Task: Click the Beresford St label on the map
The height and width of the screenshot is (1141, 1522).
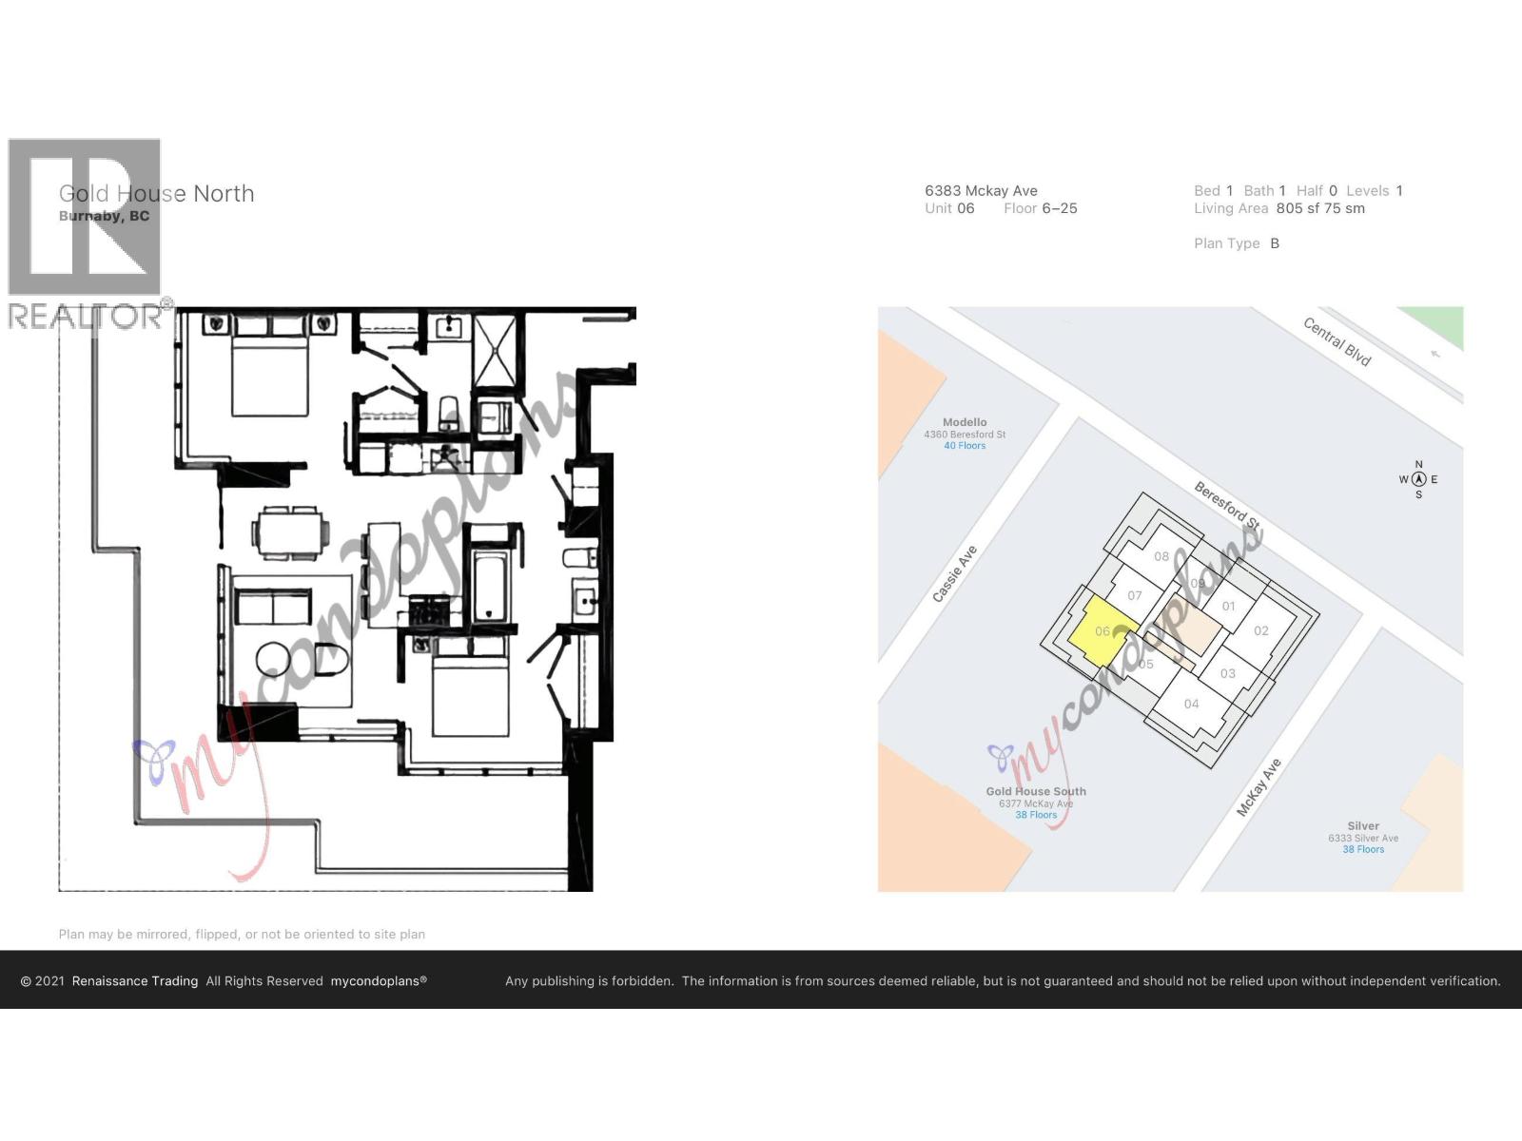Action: (x=1227, y=506)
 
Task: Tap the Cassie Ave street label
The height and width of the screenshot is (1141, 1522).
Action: (x=954, y=573)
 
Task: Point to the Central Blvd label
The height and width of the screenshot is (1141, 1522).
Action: (x=1337, y=341)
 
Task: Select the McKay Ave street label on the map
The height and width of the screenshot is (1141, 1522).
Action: (x=1259, y=787)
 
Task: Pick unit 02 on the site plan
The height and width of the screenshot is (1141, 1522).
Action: (x=1261, y=630)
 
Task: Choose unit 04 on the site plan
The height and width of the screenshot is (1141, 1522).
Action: (x=1192, y=704)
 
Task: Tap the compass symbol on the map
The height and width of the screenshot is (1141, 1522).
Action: (x=1418, y=479)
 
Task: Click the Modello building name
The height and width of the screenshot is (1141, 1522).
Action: (x=965, y=422)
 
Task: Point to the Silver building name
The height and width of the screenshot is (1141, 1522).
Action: (x=1363, y=826)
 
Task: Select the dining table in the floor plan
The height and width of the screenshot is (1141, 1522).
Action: (x=290, y=532)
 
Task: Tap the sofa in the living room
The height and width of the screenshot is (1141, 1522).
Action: (x=273, y=606)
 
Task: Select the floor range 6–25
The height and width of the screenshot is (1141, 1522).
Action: (x=1060, y=208)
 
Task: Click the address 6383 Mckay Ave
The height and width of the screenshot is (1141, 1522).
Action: (x=981, y=191)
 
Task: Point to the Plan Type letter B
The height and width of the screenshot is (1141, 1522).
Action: (x=1275, y=243)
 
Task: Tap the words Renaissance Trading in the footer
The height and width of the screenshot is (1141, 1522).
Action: (x=135, y=981)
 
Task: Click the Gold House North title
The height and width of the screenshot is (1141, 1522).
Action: (x=157, y=194)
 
